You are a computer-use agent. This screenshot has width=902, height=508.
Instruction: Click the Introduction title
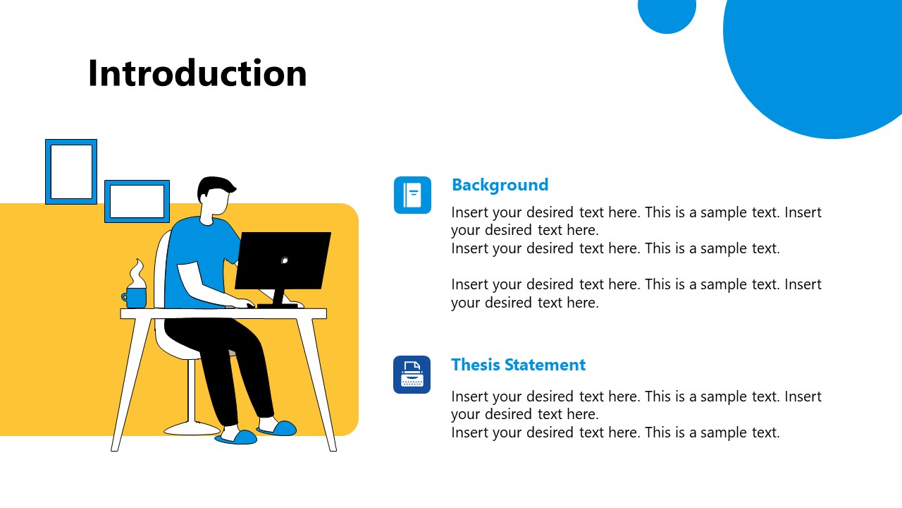click(197, 73)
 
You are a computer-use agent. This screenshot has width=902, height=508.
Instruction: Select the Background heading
click(500, 185)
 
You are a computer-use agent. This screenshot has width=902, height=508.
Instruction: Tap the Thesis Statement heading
click(518, 365)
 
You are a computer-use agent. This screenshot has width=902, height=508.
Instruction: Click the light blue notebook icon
click(412, 195)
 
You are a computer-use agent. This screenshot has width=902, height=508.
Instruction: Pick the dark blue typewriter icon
click(412, 375)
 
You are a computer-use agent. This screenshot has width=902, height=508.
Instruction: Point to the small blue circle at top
click(667, 11)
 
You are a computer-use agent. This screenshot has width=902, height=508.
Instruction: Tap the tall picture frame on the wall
click(71, 171)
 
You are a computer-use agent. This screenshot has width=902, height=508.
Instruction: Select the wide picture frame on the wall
click(137, 201)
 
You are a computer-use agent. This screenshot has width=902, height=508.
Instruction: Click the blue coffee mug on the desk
click(136, 298)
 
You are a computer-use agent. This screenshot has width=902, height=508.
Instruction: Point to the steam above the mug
click(137, 274)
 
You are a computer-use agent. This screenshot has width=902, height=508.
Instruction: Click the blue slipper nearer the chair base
click(236, 437)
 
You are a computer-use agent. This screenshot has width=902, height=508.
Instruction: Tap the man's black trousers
click(233, 367)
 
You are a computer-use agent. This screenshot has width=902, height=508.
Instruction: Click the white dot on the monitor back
click(285, 260)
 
